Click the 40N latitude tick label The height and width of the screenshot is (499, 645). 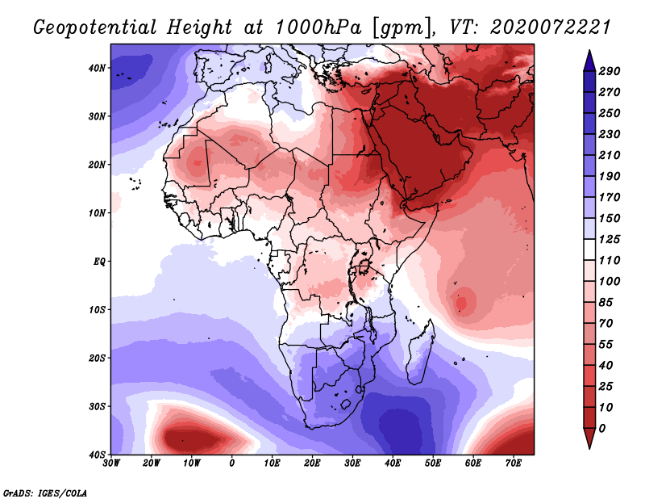(x=98, y=68)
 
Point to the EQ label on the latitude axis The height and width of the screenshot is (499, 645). (x=99, y=262)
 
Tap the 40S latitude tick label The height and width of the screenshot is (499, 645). (x=98, y=455)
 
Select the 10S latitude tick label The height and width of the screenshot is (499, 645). (x=98, y=310)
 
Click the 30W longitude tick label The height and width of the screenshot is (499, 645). (x=111, y=463)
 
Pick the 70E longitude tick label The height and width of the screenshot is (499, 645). (x=514, y=463)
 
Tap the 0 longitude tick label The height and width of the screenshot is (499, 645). (x=232, y=463)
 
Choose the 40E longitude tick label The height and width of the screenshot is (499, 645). (x=393, y=463)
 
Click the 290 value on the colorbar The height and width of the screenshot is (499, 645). (x=610, y=71)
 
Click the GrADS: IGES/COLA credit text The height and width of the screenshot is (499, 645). (x=45, y=492)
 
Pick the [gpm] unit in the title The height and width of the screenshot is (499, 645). (x=395, y=27)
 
